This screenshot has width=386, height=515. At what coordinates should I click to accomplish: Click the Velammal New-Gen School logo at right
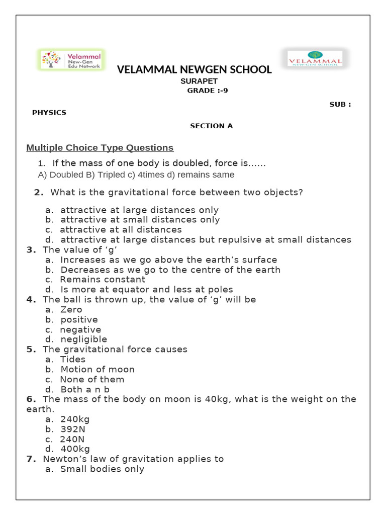[315, 59]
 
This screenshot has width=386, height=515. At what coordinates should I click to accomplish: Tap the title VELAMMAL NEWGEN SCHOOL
[194, 70]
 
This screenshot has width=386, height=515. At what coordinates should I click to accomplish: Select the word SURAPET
[199, 81]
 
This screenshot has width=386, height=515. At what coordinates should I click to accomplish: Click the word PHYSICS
[49, 113]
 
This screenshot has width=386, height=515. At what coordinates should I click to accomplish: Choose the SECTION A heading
[211, 126]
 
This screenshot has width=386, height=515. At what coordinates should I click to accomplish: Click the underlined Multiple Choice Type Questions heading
[100, 148]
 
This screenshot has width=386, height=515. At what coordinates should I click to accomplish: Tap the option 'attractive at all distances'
[121, 230]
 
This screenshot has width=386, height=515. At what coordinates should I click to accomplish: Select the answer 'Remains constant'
[103, 280]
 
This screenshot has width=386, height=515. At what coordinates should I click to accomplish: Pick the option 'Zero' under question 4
[71, 310]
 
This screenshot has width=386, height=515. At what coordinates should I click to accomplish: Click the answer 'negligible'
[83, 339]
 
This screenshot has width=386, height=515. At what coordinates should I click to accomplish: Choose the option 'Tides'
[73, 360]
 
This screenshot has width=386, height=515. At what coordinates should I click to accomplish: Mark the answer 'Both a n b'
[85, 389]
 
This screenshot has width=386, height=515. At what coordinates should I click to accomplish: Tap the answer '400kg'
[75, 449]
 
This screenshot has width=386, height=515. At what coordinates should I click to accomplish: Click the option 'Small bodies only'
[102, 469]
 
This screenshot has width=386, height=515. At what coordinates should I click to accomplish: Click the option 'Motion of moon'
[98, 370]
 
